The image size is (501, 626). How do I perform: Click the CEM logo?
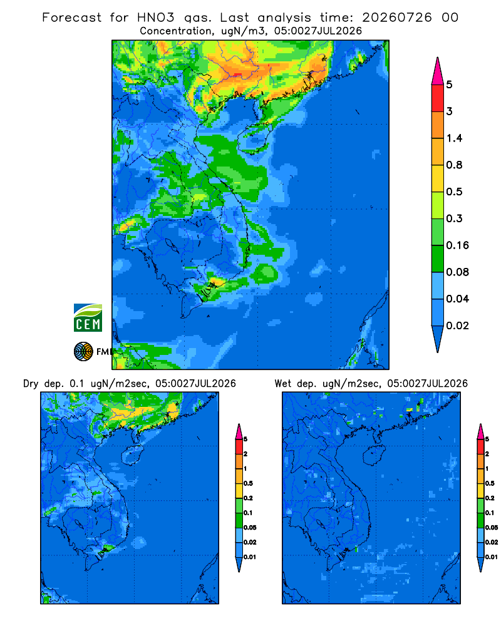tap(88, 317)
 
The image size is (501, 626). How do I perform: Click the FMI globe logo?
tap(83, 352)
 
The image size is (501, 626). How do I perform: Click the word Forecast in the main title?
tap(71, 18)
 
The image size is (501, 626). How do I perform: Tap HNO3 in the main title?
tap(156, 18)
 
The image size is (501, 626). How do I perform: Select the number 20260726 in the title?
tap(396, 18)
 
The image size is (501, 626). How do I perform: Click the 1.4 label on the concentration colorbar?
tap(454, 138)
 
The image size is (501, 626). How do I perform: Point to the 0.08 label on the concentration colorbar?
tap(457, 272)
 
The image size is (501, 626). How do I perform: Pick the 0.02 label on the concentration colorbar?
tap(457, 326)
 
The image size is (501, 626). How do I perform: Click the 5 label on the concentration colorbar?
tap(450, 85)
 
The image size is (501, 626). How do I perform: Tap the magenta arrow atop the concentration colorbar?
tap(438, 72)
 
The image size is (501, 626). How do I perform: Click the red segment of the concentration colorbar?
tap(438, 98)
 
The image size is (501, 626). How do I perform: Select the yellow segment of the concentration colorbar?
tap(438, 178)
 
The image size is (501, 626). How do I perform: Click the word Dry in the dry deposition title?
tap(31, 384)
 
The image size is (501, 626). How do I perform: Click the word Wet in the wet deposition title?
tap(283, 384)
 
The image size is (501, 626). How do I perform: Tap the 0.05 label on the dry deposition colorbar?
tap(250, 527)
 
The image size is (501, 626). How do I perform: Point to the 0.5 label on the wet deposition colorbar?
tap(490, 483)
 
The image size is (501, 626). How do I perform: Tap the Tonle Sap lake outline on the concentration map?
tap(172, 245)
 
